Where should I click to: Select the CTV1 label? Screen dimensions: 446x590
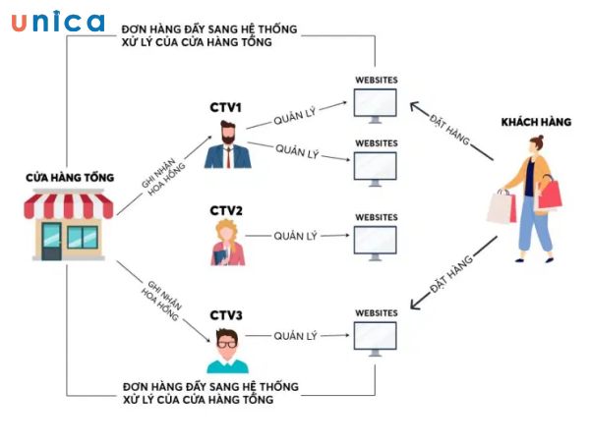click(225, 106)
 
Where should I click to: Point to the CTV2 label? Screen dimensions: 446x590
click(226, 210)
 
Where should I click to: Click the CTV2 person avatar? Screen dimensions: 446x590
click(225, 243)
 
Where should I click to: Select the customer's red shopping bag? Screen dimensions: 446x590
click(549, 195)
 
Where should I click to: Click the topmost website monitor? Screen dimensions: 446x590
click(375, 104)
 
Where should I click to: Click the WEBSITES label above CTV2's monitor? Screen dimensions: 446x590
click(375, 216)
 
